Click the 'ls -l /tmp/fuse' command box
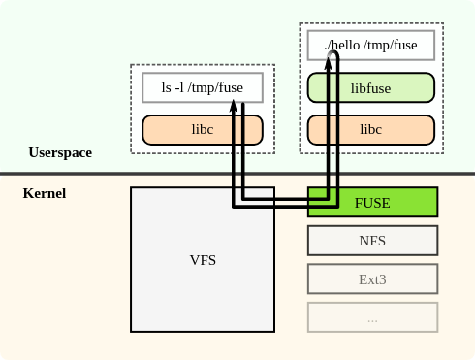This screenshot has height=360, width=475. (x=203, y=87)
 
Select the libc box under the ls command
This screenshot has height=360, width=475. (x=203, y=129)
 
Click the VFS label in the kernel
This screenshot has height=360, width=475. (x=203, y=260)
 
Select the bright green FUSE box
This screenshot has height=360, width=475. (x=373, y=202)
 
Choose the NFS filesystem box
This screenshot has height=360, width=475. (x=373, y=240)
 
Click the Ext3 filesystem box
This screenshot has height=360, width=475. (x=373, y=278)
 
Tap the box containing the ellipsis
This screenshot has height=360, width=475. (x=373, y=317)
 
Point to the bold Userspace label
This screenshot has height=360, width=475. (x=61, y=153)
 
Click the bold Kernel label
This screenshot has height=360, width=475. (x=45, y=194)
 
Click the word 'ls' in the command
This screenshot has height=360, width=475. (x=167, y=87)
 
